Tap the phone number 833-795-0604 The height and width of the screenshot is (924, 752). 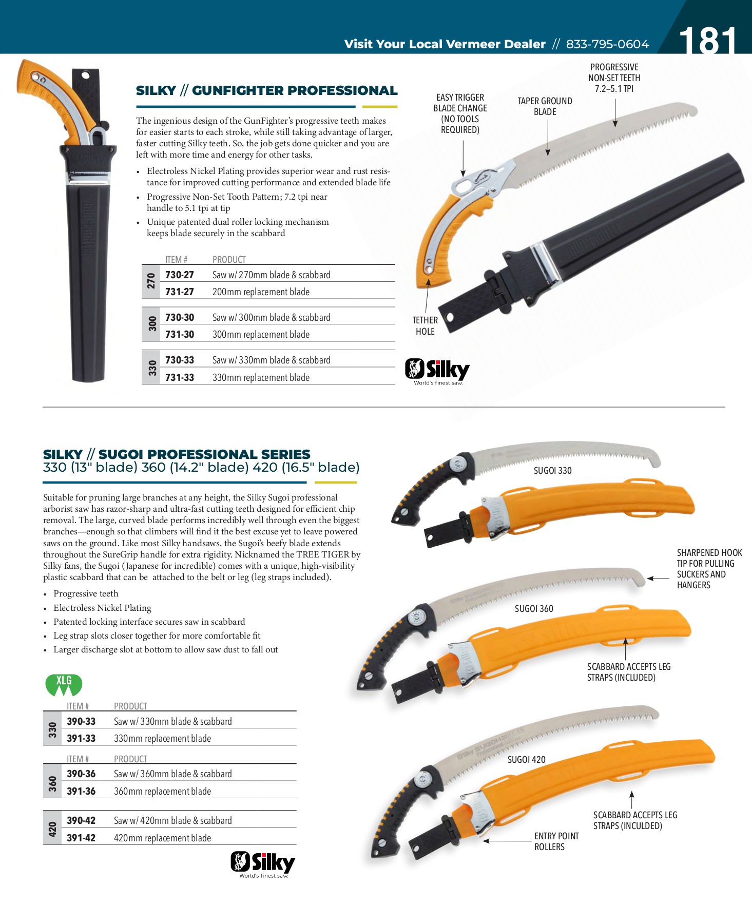pos(607,44)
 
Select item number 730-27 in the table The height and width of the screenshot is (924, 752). pos(179,275)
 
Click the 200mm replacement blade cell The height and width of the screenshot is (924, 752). pos(261,292)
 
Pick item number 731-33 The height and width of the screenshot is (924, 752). pos(179,377)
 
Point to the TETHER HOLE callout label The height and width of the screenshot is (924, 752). pos(425,325)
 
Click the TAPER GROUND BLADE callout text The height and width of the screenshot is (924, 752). pos(545,106)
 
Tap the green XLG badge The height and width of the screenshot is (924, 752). pos(64,684)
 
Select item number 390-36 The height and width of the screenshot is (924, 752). pos(81,774)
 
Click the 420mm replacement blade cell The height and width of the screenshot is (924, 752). pos(162,838)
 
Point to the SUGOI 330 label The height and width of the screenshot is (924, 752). pos(552,470)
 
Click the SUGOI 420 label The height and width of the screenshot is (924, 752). pos(526,759)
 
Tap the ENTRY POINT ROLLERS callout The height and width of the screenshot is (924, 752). pos(556,841)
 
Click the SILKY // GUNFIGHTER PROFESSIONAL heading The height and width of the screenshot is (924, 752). pos(266,90)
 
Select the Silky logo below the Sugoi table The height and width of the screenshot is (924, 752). pos(263,864)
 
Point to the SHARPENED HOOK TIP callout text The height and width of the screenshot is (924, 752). pos(709,569)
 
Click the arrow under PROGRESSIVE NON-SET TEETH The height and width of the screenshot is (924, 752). pos(615,112)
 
